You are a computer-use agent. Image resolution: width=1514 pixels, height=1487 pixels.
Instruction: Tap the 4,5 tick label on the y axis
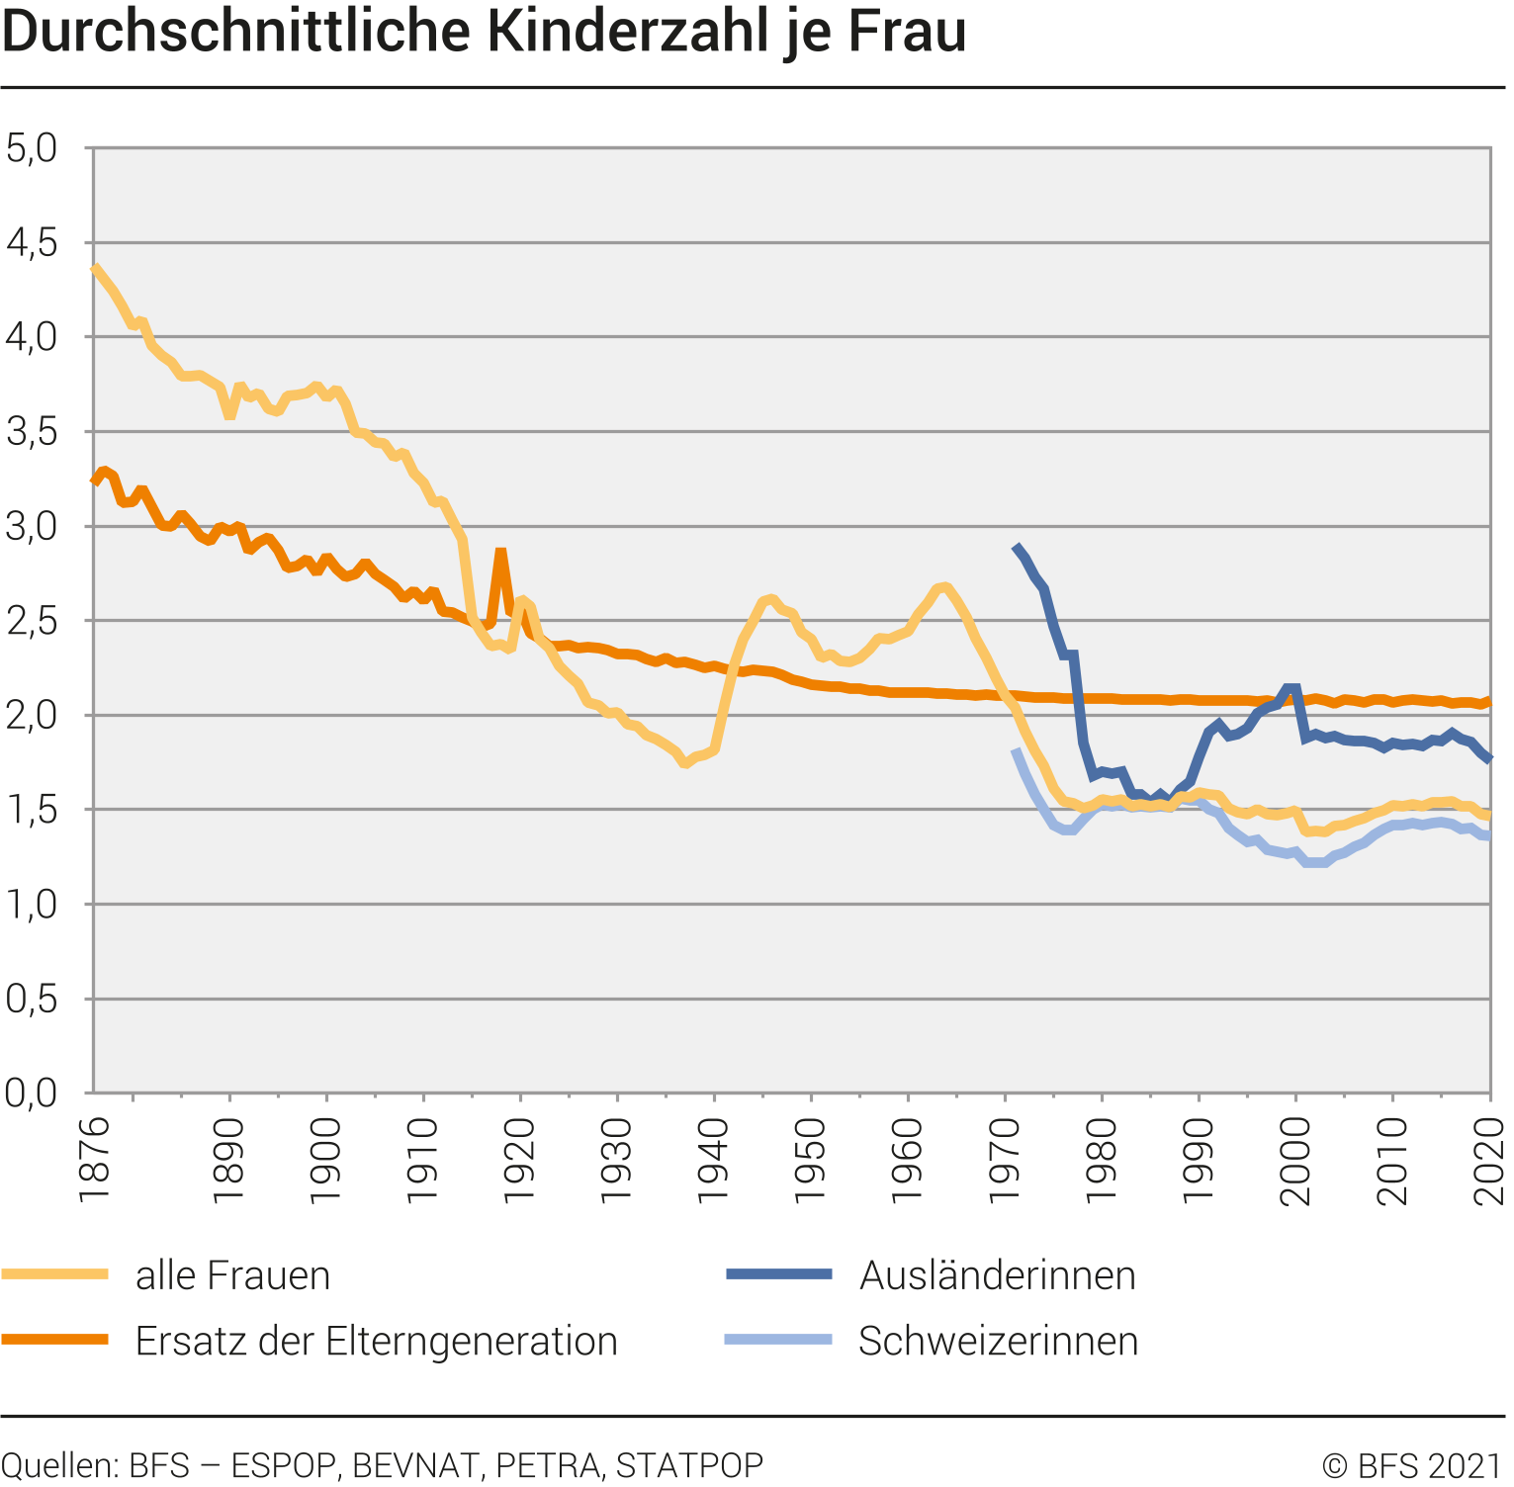(x=32, y=242)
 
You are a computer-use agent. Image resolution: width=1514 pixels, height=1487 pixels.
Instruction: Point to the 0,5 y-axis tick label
(x=32, y=999)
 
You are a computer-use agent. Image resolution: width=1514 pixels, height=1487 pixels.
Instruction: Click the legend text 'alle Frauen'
(x=232, y=1275)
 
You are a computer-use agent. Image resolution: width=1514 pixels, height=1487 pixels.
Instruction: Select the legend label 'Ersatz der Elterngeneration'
(x=376, y=1341)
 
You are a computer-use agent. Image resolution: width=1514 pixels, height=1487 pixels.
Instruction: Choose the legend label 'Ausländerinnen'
(x=997, y=1275)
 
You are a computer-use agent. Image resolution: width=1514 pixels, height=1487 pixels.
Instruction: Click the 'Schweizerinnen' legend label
(x=998, y=1341)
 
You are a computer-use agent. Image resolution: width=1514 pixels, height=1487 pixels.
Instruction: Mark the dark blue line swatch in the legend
(x=778, y=1274)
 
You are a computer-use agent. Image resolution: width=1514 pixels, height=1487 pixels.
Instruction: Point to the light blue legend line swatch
(x=778, y=1340)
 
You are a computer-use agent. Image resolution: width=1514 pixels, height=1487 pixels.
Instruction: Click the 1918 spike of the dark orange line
(x=501, y=554)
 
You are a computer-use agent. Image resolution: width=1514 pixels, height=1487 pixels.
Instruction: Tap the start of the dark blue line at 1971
(x=1016, y=547)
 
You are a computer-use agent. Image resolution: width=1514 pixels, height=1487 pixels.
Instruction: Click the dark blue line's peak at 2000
(x=1291, y=688)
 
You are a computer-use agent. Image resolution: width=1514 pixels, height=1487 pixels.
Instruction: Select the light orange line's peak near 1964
(x=944, y=587)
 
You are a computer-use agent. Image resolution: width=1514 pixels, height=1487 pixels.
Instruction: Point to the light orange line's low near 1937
(x=684, y=762)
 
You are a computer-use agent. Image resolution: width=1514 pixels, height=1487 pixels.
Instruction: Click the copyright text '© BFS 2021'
(x=1412, y=1465)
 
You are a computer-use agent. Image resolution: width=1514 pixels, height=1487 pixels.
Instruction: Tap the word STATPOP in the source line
(x=689, y=1465)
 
